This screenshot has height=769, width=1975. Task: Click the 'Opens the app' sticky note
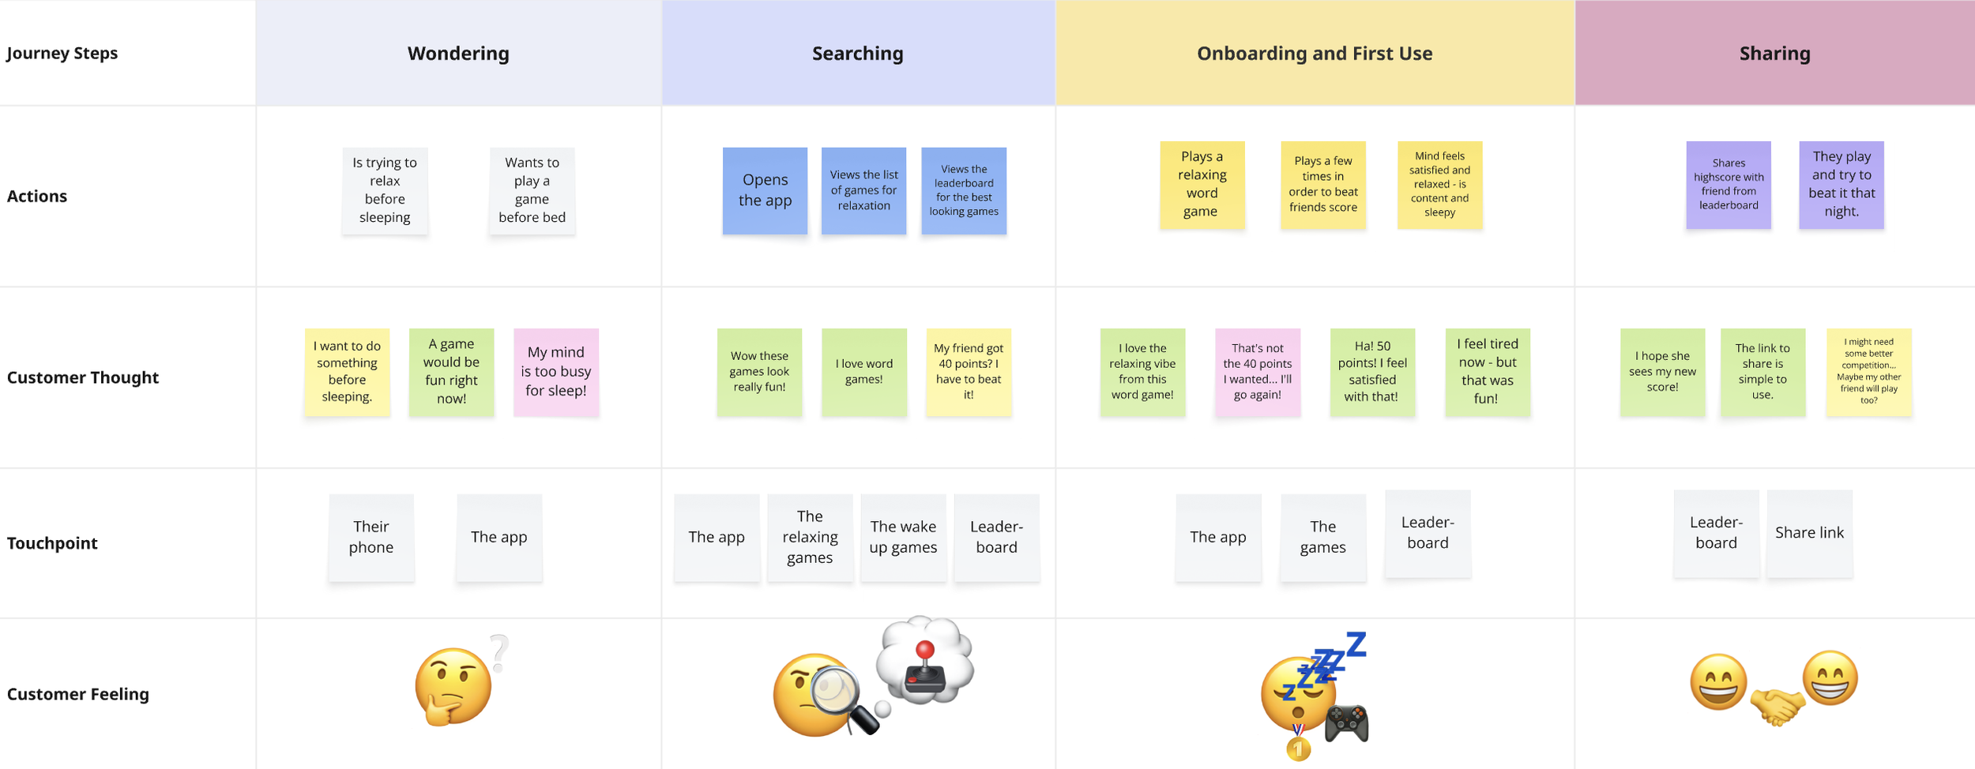(x=765, y=190)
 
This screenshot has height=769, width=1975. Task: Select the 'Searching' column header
(x=857, y=53)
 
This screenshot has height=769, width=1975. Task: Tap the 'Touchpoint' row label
(x=52, y=543)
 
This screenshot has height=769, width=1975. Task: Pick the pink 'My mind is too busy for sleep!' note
(x=555, y=372)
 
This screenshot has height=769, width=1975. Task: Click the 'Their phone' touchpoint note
(x=371, y=537)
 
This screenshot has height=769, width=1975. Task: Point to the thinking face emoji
(x=453, y=685)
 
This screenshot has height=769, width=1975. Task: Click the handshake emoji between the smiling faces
(x=1776, y=704)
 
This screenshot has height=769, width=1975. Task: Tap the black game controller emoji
(x=1346, y=722)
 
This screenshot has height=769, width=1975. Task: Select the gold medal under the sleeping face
(x=1298, y=747)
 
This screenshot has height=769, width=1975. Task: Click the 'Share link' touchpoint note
(x=1809, y=533)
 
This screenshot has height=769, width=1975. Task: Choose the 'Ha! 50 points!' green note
(x=1372, y=372)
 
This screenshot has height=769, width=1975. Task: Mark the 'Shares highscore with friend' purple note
(x=1729, y=185)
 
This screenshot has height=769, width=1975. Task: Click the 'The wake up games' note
(x=903, y=537)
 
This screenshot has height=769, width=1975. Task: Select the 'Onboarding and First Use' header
(x=1315, y=53)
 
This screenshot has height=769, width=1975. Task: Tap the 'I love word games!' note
(x=863, y=372)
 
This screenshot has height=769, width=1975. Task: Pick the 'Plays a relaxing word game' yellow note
(x=1202, y=185)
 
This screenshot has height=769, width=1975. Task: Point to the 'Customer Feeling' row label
(x=77, y=694)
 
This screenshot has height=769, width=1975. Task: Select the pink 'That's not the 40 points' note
(x=1257, y=372)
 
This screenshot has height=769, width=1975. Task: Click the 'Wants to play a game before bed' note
(x=532, y=190)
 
